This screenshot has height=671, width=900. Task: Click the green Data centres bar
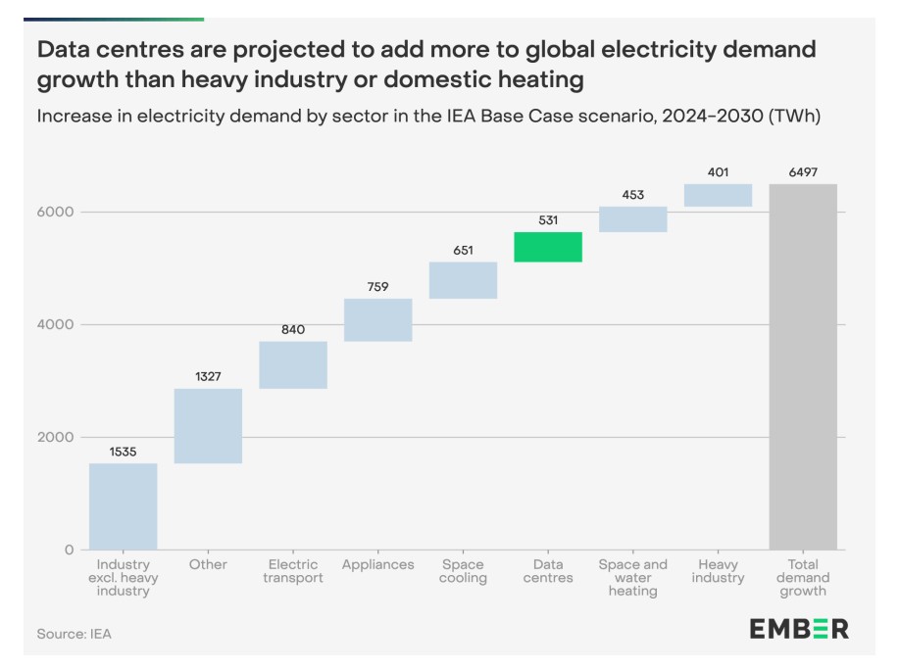547,247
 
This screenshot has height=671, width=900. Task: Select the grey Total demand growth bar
802,366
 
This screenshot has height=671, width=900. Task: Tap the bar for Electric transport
292,364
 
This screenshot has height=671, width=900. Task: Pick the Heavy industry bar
718,195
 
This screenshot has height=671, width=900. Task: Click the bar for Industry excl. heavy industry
123,505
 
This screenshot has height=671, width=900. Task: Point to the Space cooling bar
463,280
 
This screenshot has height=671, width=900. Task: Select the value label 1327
208,376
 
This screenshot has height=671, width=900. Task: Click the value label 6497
802,172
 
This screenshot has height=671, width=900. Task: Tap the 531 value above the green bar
547,220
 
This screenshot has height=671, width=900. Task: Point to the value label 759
377,287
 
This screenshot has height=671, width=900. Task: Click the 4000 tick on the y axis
56,324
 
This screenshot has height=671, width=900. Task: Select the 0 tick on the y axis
69,550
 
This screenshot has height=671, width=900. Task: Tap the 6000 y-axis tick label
56,212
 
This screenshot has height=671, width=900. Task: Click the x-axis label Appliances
377,565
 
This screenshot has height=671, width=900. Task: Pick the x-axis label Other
208,565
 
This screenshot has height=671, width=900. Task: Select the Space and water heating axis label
632,578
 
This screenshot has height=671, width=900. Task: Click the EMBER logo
799,628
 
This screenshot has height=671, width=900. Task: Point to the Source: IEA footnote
75,634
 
